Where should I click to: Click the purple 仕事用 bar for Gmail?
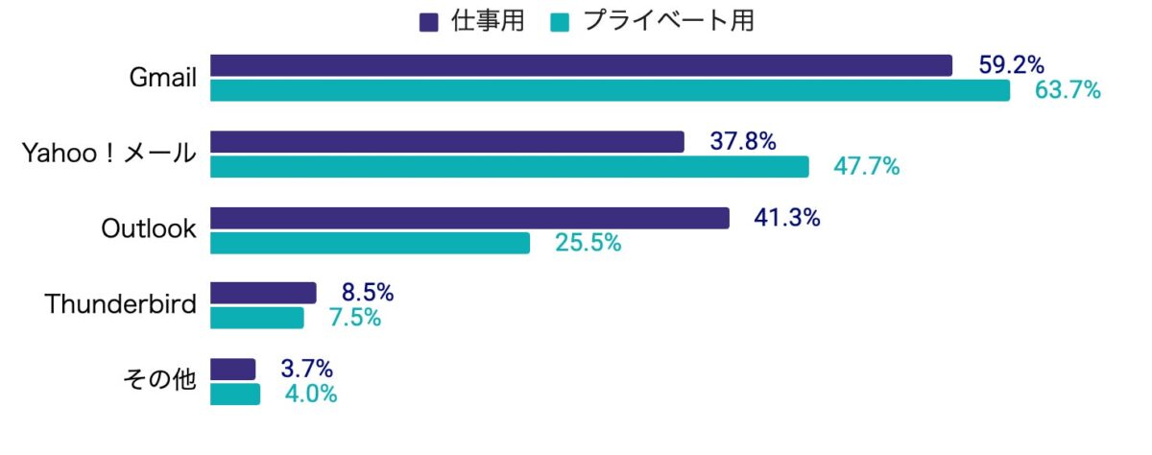581,65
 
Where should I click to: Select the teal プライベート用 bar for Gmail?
610,90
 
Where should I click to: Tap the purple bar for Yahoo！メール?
446,142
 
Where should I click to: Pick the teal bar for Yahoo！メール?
509,167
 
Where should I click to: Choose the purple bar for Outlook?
469,218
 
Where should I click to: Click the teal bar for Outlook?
370,243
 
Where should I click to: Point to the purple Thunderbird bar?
263,293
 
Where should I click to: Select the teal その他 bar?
235,395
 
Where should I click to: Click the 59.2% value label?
1011,65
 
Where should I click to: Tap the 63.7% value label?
1067,91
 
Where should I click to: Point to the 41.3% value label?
786,218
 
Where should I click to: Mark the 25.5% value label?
588,243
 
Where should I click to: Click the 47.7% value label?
866,167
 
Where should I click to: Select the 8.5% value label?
368,293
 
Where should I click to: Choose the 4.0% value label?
311,395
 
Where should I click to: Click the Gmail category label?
163,78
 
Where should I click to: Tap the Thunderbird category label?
121,305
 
